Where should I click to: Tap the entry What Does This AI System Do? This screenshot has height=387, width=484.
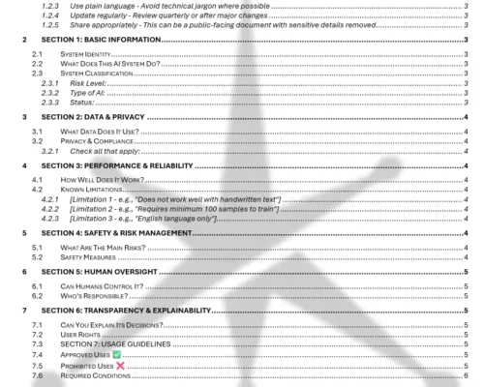109,66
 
